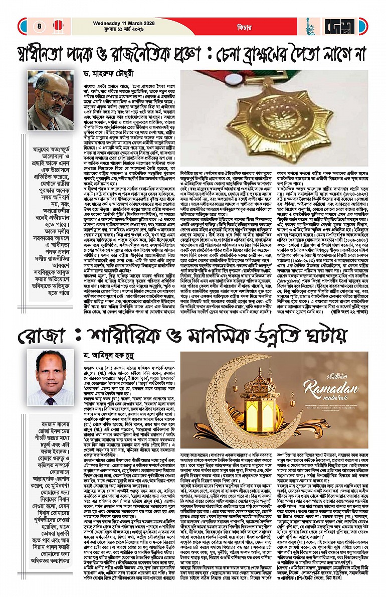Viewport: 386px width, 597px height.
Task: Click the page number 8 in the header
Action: pos(38,26)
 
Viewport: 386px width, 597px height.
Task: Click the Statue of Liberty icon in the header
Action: pos(310,26)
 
